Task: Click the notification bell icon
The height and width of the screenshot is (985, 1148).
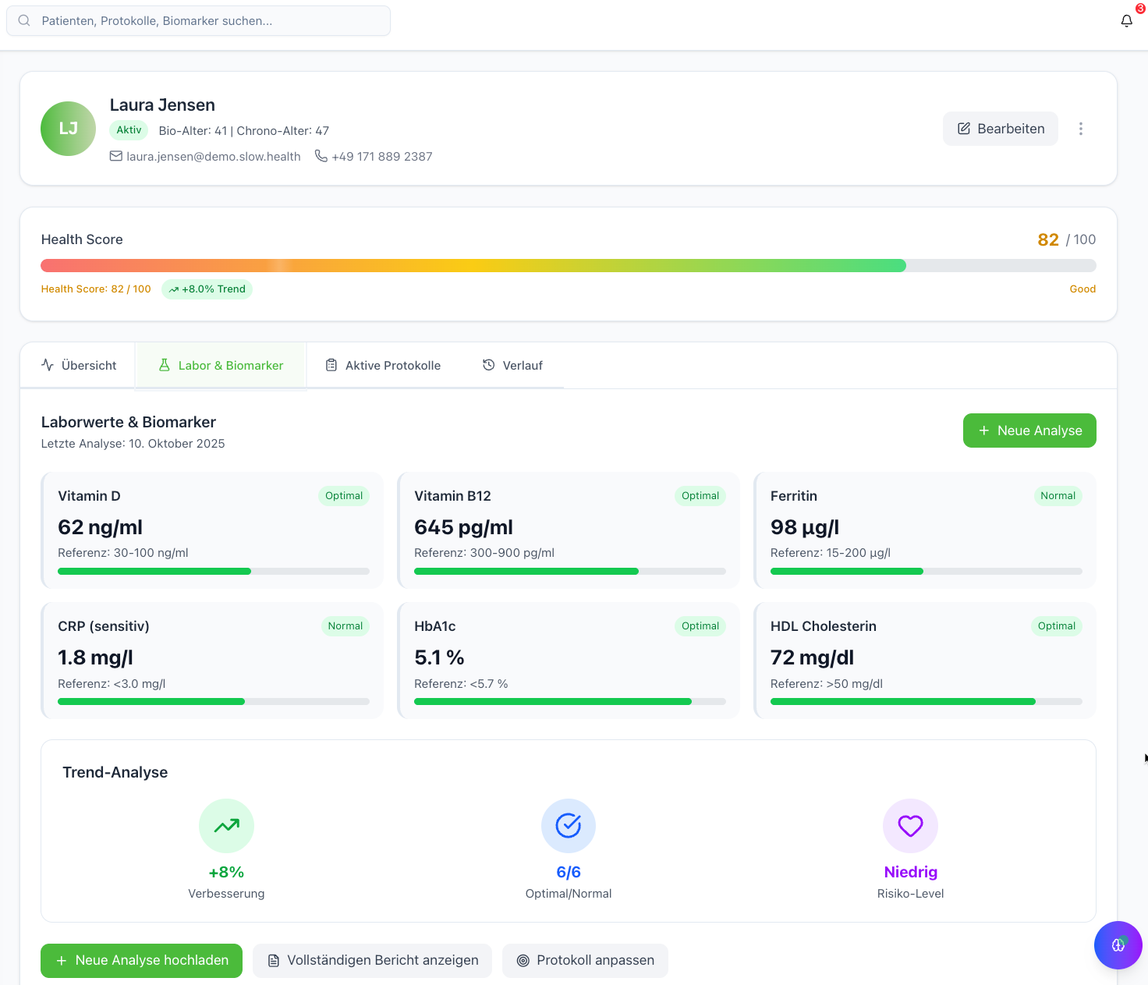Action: click(x=1126, y=21)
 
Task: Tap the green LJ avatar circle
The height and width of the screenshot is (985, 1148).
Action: click(x=68, y=129)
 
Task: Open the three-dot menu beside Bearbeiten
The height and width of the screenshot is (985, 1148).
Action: click(x=1080, y=129)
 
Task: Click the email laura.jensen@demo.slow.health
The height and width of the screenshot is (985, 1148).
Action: click(x=213, y=157)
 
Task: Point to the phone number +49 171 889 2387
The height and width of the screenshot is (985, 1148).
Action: click(x=381, y=157)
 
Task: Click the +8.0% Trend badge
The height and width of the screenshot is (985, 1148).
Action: click(x=207, y=289)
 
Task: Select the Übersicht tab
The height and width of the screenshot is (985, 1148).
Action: click(x=79, y=366)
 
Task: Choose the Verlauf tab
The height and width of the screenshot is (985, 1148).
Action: click(x=512, y=366)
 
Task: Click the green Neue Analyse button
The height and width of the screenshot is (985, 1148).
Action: click(x=1029, y=430)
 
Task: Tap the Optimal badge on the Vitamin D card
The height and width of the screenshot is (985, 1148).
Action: click(x=344, y=496)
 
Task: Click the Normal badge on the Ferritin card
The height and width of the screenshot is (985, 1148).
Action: click(x=1058, y=496)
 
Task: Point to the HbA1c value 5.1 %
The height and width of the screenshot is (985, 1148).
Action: click(x=439, y=658)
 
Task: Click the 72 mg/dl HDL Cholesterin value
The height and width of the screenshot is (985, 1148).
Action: click(x=812, y=658)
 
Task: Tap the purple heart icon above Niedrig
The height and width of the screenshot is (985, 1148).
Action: click(x=910, y=826)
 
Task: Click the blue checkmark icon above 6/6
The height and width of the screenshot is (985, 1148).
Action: click(x=569, y=826)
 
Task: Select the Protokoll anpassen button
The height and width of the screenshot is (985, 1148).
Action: click(x=585, y=961)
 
